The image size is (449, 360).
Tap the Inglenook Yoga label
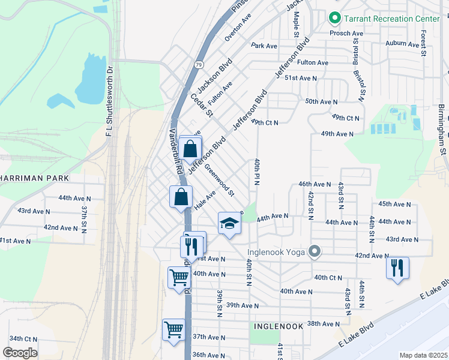(278, 251)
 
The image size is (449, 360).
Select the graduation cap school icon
(229, 224)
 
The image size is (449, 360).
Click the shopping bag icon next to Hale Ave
(181, 197)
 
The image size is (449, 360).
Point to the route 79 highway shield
(198, 64)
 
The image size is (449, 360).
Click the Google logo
(20, 352)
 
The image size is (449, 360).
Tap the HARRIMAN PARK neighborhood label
(35, 178)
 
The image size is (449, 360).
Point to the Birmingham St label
(442, 128)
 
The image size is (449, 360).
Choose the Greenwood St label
(219, 181)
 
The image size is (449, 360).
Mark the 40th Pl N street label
(256, 172)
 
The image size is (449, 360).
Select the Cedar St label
(202, 105)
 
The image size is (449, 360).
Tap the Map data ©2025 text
(423, 355)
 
